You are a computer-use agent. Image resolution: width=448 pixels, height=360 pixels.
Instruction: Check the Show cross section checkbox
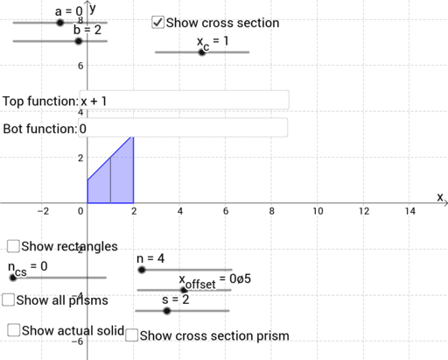point(157,23)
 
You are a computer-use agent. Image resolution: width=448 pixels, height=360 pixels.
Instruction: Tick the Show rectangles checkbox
point(13,246)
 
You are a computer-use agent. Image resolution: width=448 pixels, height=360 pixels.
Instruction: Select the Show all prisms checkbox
point(8,300)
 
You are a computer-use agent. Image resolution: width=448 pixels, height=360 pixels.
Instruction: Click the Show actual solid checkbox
point(14,330)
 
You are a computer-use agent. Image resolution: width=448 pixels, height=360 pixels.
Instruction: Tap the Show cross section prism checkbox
point(131,335)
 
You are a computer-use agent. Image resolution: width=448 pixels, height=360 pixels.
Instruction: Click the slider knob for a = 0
point(59,23)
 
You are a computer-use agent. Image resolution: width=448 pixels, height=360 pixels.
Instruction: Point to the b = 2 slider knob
point(78,41)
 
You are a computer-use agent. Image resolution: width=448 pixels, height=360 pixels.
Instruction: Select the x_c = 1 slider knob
point(202,53)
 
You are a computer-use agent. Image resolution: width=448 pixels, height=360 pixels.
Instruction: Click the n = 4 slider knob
point(142,271)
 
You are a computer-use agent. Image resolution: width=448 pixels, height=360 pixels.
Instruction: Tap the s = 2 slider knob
point(166,310)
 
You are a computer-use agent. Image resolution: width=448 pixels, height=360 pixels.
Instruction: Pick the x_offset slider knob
point(183,289)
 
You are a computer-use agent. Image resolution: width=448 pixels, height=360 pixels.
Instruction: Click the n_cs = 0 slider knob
point(12,277)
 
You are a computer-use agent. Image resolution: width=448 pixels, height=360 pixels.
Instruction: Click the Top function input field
point(184,101)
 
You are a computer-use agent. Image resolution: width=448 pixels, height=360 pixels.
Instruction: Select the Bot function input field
point(184,129)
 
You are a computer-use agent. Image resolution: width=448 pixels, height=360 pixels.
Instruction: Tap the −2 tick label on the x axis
point(41,211)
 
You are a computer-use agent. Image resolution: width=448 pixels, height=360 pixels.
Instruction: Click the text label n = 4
point(150,258)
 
